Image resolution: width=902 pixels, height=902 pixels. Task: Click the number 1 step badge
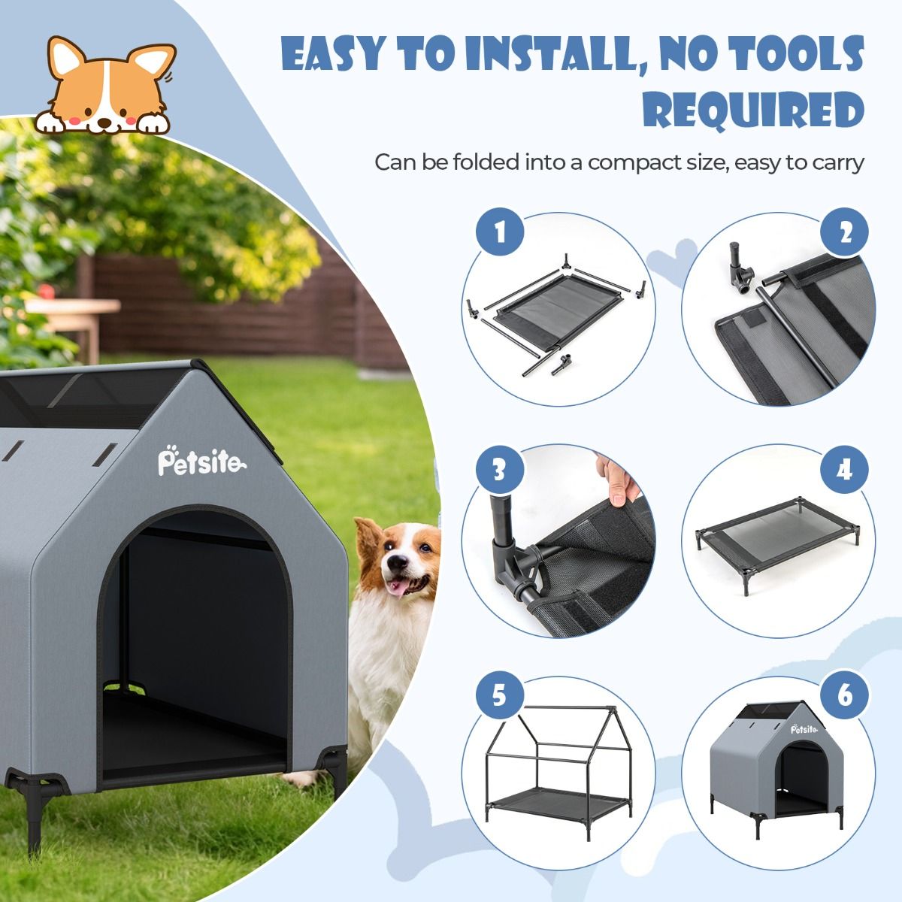click(500, 232)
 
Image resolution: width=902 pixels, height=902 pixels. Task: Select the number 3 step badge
click(500, 469)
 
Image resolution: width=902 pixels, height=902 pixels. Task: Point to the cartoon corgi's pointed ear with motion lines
click(153, 62)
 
